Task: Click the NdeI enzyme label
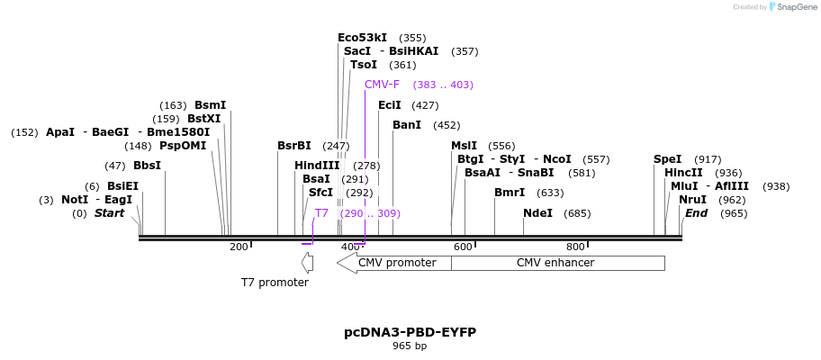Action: (538, 213)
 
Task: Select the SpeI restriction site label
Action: (667, 159)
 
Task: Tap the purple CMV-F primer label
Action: (382, 85)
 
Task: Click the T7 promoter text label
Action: (275, 283)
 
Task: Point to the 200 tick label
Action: (239, 247)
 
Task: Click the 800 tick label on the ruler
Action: (575, 247)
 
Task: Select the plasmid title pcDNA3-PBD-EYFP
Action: (410, 332)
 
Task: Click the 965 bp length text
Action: (410, 346)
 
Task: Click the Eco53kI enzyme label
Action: (362, 38)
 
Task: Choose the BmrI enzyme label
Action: (510, 193)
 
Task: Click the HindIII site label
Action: (317, 166)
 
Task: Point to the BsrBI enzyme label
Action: (293, 146)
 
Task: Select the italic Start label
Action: (109, 213)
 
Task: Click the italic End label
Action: (697, 213)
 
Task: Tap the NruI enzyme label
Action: (692, 200)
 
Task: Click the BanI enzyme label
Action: (407, 125)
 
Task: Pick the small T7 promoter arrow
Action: (307, 263)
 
